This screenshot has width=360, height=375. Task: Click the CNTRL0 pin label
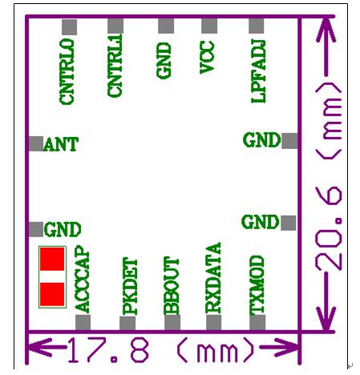pos(67,71)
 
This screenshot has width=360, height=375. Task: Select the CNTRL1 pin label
pos(115,66)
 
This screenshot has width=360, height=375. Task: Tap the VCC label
pos(207,57)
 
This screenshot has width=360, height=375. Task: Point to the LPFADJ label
pos(258,71)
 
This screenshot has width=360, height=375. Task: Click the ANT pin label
pos(61,144)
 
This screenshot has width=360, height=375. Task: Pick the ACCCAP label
pos(82,279)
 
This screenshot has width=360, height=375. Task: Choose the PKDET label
pos(130,286)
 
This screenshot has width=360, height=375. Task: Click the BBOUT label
pos(171,285)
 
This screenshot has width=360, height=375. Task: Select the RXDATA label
pos(213,278)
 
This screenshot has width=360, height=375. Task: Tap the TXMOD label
pos(257,284)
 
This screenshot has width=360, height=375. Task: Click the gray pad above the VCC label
pos(209,26)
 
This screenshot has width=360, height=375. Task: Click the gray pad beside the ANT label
pos(36,143)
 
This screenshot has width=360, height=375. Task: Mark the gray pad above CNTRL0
pos(70,27)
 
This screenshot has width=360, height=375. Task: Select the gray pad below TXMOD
pos(257,322)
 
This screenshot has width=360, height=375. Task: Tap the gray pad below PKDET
pos(127,324)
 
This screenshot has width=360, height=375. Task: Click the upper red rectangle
pos(52,259)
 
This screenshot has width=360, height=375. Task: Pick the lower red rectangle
pos(52,294)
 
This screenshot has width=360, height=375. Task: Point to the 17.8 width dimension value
pos(108,350)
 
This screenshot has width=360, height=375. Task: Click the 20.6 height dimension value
pos(329,228)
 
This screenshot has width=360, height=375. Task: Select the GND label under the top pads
pos(164,61)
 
